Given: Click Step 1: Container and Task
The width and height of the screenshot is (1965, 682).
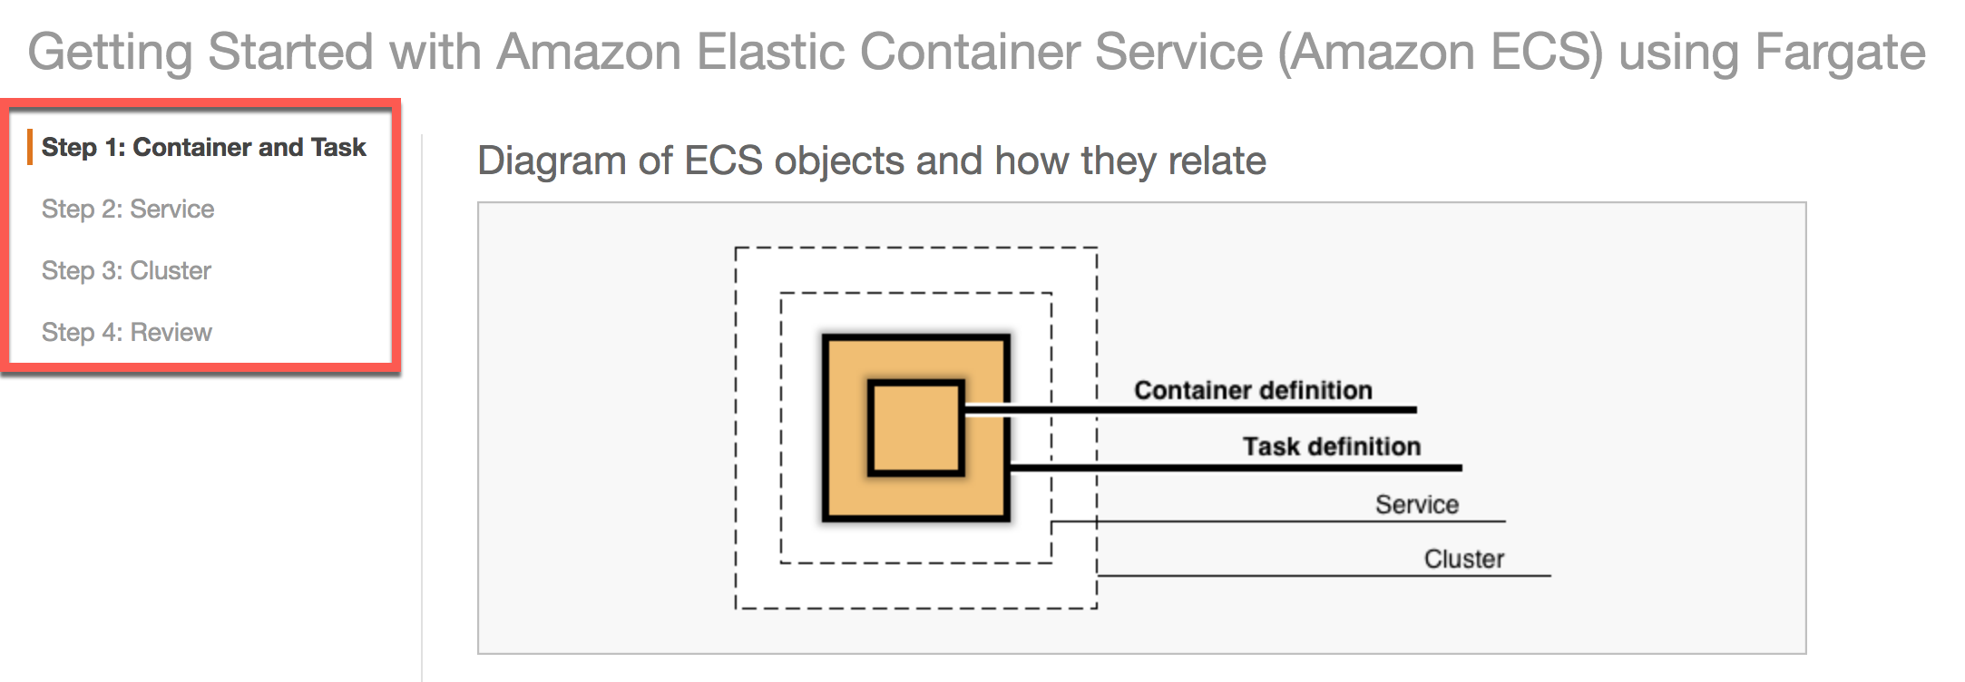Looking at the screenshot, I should click(203, 147).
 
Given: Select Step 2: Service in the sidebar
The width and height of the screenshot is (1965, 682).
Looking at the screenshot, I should click(128, 209).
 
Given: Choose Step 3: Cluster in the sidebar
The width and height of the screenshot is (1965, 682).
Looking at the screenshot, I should click(126, 270).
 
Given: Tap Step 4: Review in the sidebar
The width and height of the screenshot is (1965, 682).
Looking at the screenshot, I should click(126, 332).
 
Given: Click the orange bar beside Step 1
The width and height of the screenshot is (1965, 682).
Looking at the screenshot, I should click(30, 147).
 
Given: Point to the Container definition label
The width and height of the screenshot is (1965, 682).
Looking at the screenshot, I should click(1252, 390).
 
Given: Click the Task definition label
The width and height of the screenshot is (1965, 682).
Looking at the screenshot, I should click(1331, 446).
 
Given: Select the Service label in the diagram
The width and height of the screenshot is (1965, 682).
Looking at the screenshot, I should click(1416, 504).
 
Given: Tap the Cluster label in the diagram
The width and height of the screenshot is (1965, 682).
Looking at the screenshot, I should click(1463, 559).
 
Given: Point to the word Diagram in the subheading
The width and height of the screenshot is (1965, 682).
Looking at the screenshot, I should click(551, 161).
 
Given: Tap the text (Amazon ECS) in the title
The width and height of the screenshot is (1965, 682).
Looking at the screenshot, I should click(1441, 52).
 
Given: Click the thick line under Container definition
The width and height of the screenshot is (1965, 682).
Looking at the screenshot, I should click(1270, 410).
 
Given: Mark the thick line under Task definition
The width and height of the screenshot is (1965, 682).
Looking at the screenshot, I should click(1315, 468).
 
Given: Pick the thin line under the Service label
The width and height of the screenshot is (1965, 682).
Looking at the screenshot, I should click(1315, 521).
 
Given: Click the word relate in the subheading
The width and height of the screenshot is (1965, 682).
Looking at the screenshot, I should click(1217, 161).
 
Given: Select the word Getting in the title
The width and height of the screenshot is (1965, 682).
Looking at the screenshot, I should click(110, 52).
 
